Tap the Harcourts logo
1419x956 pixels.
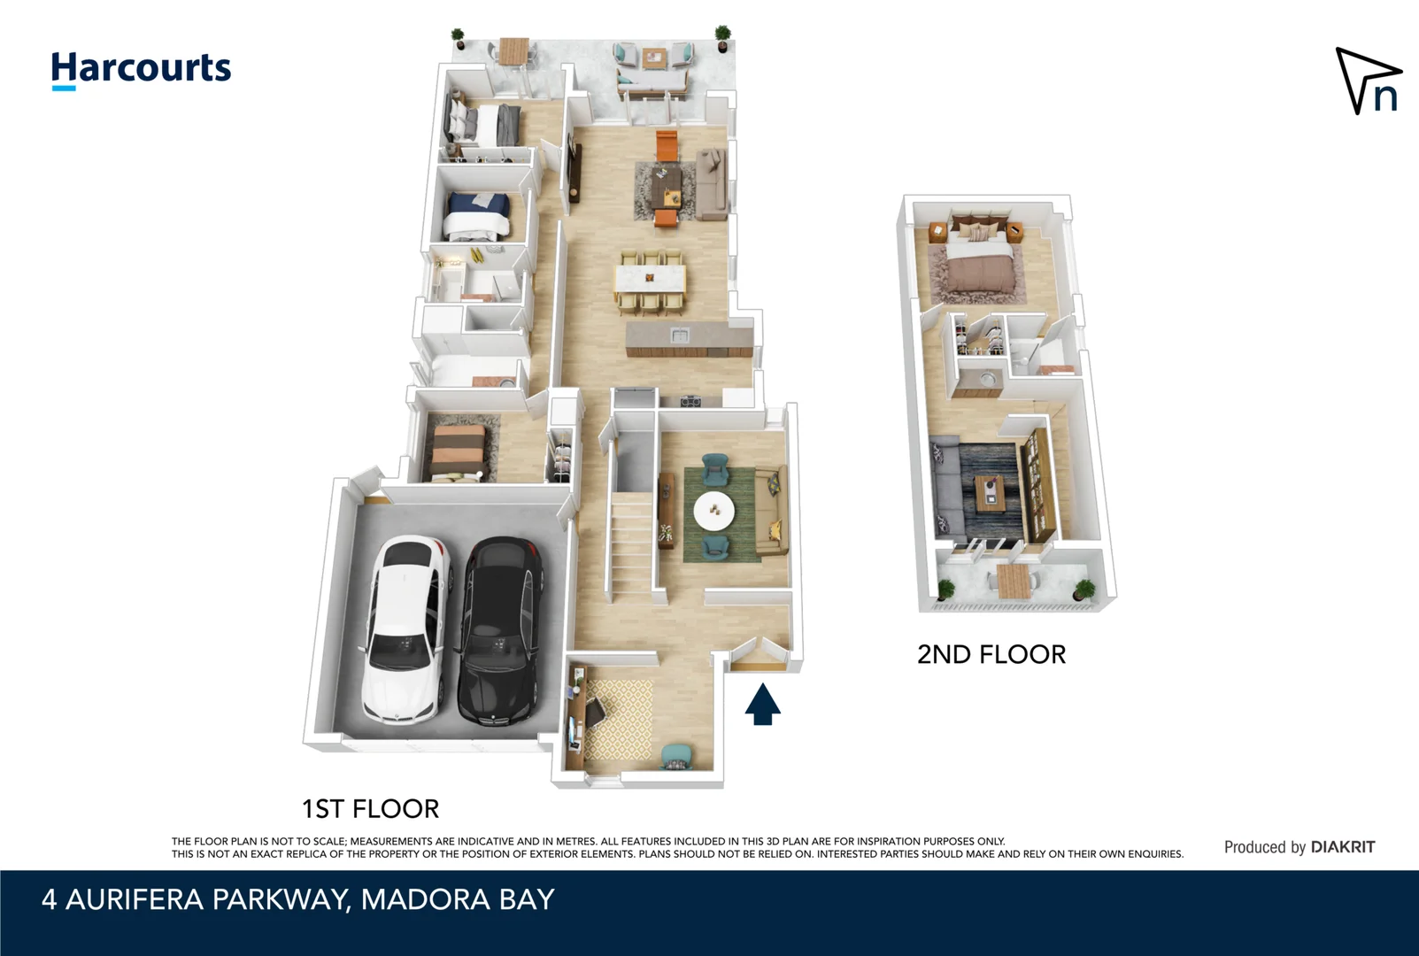point(141,69)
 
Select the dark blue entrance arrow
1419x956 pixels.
point(762,704)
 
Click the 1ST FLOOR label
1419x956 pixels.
point(370,808)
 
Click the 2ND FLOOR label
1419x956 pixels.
point(991,654)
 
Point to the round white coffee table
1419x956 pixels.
point(713,511)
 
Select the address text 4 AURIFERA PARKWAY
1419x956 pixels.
point(195,899)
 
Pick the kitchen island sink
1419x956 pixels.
point(679,335)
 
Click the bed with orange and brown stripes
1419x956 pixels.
point(459,451)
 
